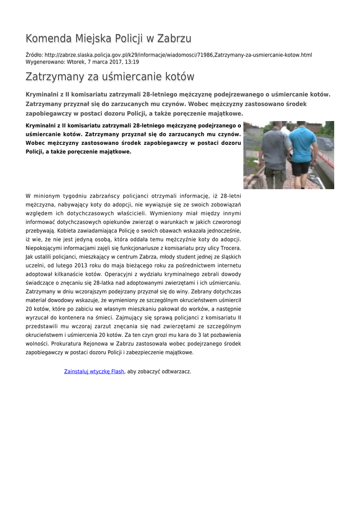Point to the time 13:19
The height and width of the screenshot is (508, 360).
[132, 62]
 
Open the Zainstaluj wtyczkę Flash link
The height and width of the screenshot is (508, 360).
[94, 371]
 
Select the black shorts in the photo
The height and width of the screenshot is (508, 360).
[300, 169]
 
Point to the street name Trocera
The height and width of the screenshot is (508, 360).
[230, 248]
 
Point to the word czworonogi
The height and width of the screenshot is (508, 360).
[226, 222]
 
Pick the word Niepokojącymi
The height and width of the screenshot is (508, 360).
[47, 248]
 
